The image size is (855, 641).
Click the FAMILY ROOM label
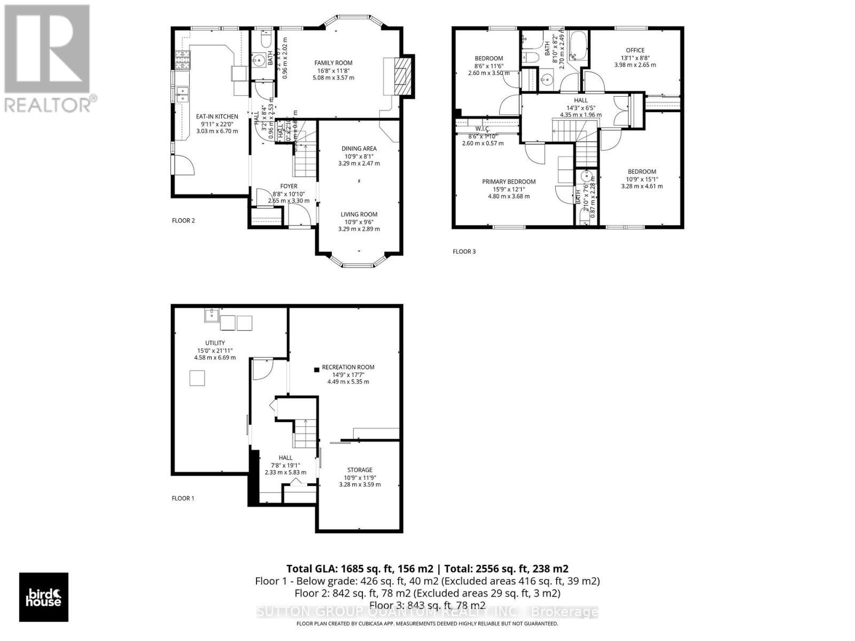(333, 63)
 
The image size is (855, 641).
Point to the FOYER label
(289, 186)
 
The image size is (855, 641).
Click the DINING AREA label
(359, 148)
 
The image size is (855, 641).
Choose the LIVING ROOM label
(359, 214)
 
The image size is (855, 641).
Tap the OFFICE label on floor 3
(635, 50)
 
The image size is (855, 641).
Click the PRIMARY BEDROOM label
(509, 182)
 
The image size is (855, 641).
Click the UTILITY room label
(215, 343)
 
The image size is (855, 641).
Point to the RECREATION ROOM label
(348, 367)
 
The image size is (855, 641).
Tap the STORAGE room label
(360, 470)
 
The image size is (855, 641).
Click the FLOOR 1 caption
(183, 498)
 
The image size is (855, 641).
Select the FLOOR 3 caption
(464, 252)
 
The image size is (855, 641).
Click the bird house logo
(44, 597)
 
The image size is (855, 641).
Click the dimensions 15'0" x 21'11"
(215, 350)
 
